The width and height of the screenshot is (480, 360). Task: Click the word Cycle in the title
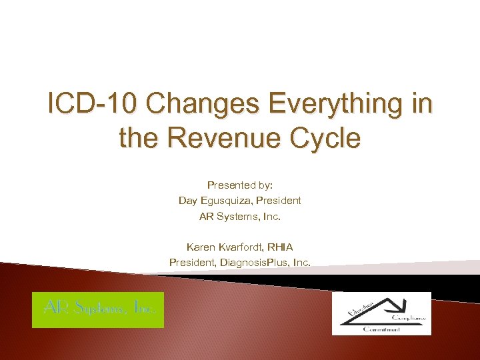[326, 139]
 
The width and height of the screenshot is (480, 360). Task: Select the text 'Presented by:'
[239, 185]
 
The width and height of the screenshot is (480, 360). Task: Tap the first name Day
[187, 200]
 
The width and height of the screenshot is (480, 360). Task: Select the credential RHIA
[279, 247]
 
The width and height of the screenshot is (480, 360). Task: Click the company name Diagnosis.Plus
[261, 263]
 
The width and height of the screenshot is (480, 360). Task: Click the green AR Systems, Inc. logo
[98, 309]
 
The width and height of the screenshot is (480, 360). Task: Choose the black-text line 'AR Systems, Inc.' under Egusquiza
[239, 216]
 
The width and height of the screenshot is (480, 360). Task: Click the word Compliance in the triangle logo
[410, 319]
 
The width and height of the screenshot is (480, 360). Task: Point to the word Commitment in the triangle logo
[382, 329]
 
